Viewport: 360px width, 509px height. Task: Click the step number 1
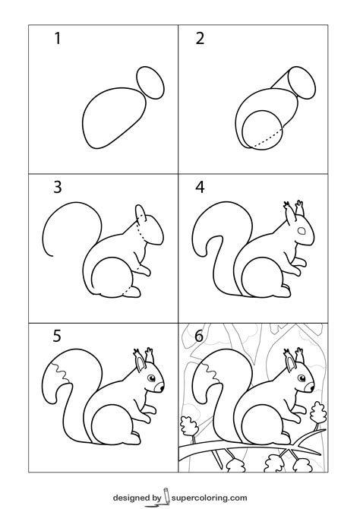56,39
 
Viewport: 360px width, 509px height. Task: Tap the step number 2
201,39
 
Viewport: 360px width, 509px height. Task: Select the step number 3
56,186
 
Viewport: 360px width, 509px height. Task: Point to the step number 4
201,186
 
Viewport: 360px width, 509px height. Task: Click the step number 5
56,334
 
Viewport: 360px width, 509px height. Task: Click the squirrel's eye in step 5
152,378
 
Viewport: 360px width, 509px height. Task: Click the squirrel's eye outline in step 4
302,229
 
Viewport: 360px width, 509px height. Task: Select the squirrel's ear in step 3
140,212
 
